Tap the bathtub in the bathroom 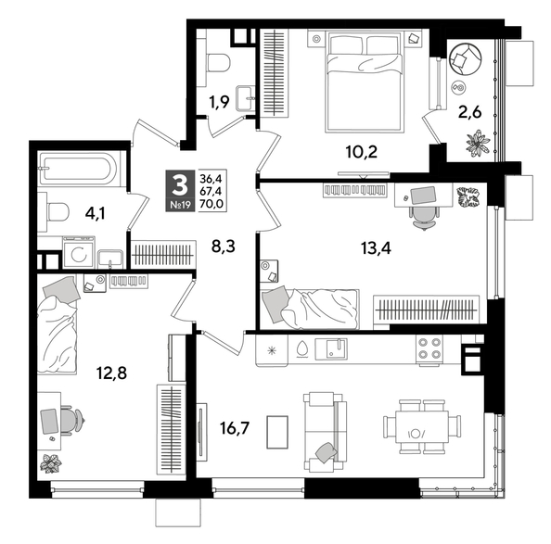(78, 171)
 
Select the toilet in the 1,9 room (219, 63)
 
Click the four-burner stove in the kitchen (428, 348)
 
